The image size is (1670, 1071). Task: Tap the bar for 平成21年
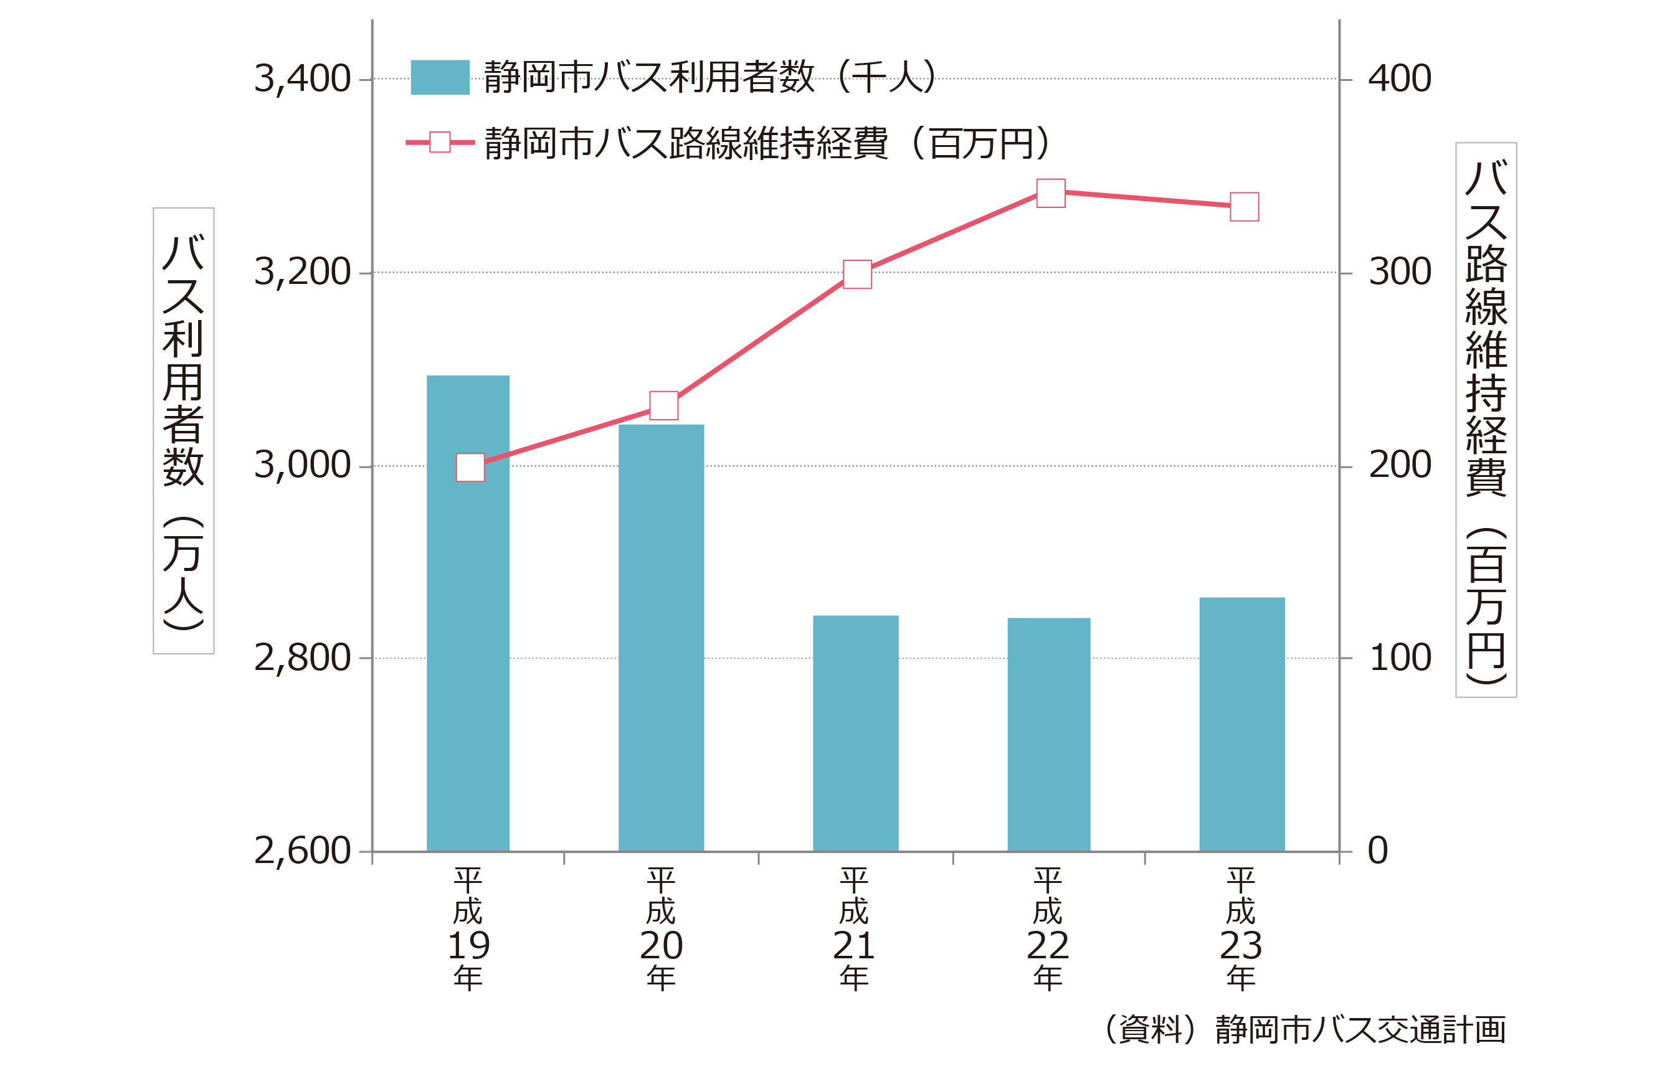coord(855,734)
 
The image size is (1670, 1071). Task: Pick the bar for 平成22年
coord(1049,735)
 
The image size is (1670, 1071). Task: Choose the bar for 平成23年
coord(1241,725)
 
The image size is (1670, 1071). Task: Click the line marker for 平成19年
coord(470,468)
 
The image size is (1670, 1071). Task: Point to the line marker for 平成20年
coord(663,405)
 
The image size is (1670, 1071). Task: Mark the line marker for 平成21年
coord(857,274)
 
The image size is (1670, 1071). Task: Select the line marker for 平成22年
coord(1050,193)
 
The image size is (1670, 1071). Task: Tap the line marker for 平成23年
coord(1245,207)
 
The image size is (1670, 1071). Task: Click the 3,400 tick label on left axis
coord(302,78)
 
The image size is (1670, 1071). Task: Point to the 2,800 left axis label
coord(302,658)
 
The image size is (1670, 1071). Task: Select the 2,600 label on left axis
coord(302,851)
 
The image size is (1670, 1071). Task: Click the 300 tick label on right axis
coord(1400,272)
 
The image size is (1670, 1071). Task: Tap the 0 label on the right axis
coord(1378,851)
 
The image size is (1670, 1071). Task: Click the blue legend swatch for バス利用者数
coord(440,77)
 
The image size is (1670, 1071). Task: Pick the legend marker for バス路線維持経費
coord(440,143)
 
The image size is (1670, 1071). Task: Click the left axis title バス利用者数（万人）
coord(184,430)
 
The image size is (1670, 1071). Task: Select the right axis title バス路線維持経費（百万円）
coord(1486,420)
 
